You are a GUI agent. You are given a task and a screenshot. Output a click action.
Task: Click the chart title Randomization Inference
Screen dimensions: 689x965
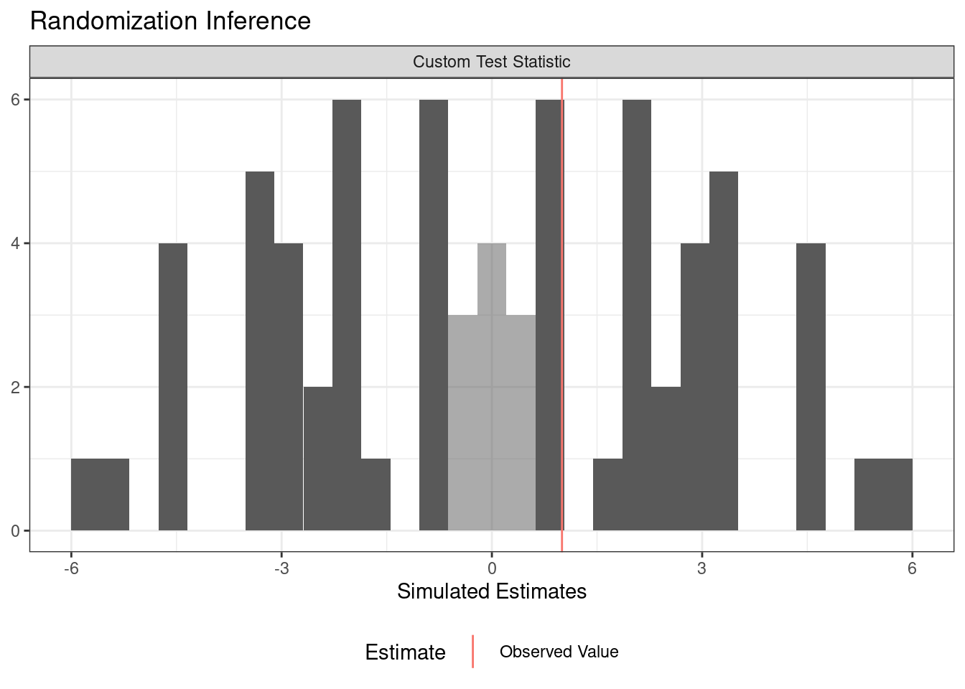click(170, 22)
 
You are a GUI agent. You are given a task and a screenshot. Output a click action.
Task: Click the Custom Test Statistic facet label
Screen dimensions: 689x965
click(491, 62)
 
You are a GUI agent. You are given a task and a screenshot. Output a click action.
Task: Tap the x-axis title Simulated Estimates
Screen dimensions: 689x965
click(491, 591)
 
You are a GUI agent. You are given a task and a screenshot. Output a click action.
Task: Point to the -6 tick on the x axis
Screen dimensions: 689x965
click(70, 568)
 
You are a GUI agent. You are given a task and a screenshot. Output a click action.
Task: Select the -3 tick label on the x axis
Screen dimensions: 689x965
click(281, 568)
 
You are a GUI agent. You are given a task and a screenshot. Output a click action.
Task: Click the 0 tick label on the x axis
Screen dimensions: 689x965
click(492, 568)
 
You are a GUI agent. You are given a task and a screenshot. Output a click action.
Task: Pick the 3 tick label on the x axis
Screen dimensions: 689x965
click(701, 568)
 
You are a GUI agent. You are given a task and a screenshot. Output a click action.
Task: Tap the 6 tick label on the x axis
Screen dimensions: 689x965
click(912, 568)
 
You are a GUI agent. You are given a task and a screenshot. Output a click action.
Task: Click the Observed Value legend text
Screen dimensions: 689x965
click(559, 652)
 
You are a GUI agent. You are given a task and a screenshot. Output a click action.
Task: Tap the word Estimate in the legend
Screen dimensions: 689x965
click(405, 652)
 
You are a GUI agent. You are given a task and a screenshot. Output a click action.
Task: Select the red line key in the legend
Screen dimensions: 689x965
click(472, 652)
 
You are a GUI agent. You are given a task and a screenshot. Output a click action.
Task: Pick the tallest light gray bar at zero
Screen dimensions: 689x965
click(492, 388)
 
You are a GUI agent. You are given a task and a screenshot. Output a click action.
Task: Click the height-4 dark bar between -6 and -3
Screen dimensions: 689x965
click(173, 388)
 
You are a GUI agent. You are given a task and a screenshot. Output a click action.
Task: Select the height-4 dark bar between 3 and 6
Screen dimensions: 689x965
click(811, 388)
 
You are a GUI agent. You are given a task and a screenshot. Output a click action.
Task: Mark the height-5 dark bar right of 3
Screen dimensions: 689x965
click(724, 352)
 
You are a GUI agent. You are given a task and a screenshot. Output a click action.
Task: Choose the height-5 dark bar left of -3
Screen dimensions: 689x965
click(260, 352)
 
